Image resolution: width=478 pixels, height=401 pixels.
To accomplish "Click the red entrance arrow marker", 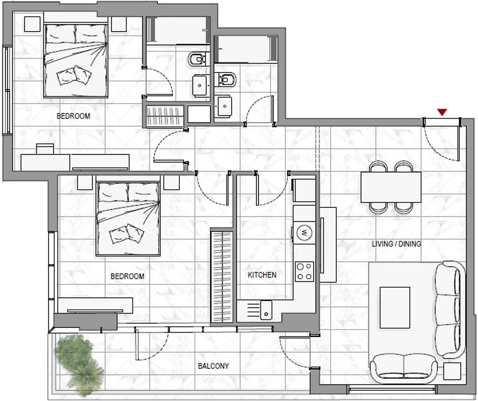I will coord(442,112).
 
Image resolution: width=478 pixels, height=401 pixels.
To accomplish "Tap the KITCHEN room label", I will coord(262,275).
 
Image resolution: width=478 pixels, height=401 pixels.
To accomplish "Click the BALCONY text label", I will coord(213,366).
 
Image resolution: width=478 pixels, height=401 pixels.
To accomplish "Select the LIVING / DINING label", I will coord(396,244).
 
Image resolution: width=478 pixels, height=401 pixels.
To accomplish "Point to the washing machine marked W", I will coord(304,233).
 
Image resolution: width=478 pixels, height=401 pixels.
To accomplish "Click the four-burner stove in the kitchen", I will coord(304,272).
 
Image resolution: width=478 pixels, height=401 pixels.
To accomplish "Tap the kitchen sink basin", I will coord(266,310).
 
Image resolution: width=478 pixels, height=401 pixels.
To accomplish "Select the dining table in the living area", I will coord(391,187).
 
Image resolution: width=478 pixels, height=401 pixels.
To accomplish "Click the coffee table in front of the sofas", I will coord(395,307).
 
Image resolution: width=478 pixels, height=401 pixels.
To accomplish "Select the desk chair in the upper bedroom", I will coord(45,149).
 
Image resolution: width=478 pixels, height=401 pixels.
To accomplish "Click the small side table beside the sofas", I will coord(452,371).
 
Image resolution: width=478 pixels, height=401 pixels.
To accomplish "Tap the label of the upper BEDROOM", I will coord(73,116).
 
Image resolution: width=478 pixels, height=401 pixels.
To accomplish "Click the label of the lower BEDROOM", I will coord(127,276).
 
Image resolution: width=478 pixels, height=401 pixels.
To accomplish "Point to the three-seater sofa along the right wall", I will coord(450,309).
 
